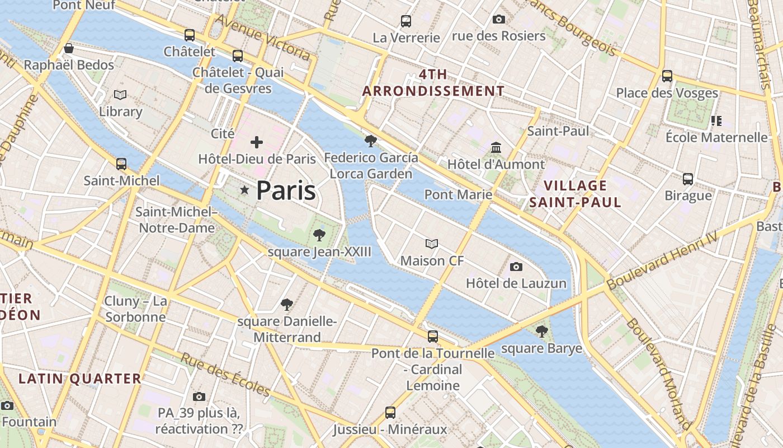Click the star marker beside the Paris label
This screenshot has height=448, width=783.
click(244, 190)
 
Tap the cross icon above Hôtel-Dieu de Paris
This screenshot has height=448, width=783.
click(257, 142)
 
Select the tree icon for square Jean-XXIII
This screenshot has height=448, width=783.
click(319, 235)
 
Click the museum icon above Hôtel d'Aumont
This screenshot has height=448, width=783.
click(496, 148)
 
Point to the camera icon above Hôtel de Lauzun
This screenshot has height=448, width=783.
click(516, 267)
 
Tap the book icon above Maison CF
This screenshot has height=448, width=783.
click(431, 244)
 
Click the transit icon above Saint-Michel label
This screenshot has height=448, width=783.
click(121, 164)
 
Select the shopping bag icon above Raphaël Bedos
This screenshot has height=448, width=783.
click(68, 49)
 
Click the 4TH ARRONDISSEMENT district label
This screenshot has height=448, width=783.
click(433, 82)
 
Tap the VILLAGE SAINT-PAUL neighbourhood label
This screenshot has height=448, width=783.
click(575, 194)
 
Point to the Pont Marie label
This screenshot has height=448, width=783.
click(458, 194)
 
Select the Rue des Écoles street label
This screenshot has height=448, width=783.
click(225, 375)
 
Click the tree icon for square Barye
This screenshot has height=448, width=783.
click(541, 332)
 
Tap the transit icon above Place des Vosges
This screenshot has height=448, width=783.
click(667, 76)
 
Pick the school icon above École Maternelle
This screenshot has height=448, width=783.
click(716, 120)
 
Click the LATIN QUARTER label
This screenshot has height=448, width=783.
click(80, 379)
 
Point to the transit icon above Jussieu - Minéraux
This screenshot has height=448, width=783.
click(390, 413)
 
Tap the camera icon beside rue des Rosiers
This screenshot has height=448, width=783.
click(498, 20)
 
